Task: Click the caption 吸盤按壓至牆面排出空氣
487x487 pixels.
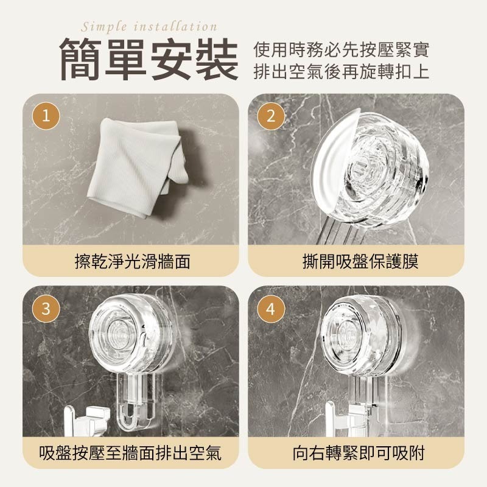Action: (130, 453)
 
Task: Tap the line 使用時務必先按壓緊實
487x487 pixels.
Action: (342, 49)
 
